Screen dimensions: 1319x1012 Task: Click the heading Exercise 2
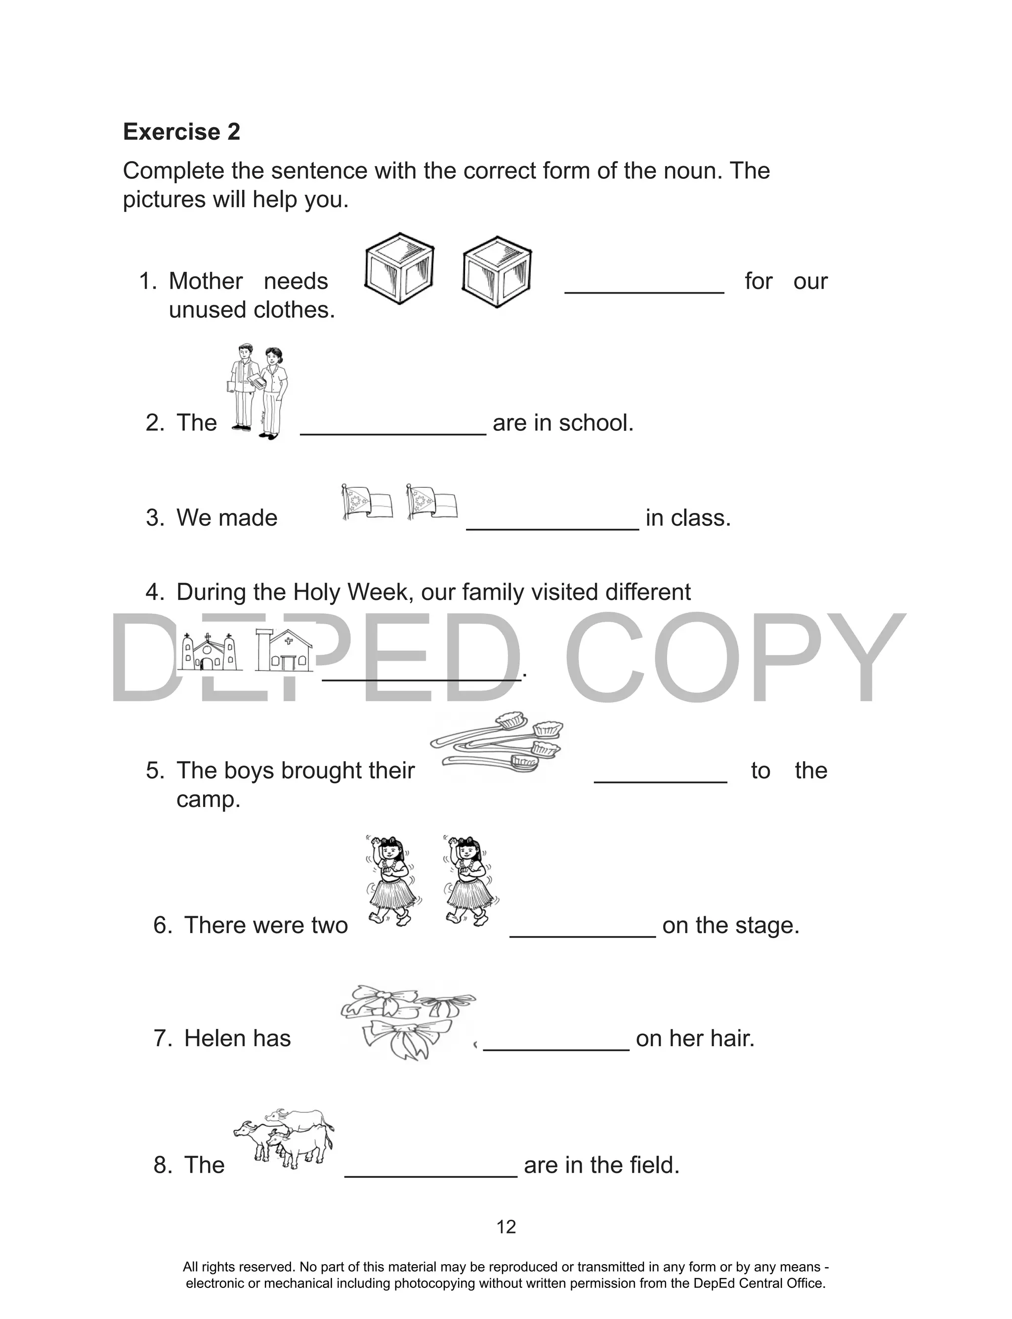pyautogui.click(x=181, y=132)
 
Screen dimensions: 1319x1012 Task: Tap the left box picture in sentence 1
pyautogui.click(x=399, y=269)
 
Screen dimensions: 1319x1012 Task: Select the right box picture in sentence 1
pyautogui.click(x=497, y=272)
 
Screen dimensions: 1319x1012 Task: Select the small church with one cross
pyautogui.click(x=284, y=650)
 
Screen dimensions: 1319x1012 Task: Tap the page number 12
pyautogui.click(x=506, y=1227)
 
